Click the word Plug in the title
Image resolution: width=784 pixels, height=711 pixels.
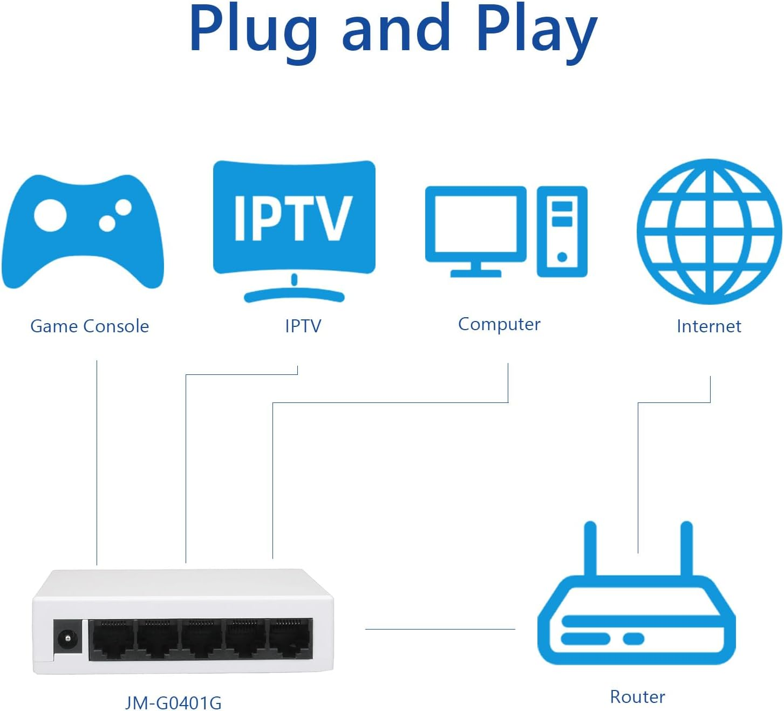[x=253, y=30]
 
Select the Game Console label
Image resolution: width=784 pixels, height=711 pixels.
[x=90, y=326]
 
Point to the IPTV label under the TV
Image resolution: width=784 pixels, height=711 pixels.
[x=303, y=326]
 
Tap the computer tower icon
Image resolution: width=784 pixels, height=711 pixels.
[x=562, y=231]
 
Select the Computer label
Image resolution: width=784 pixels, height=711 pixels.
[x=499, y=324]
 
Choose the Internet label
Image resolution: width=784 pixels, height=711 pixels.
[x=708, y=326]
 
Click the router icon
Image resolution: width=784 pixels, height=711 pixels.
[x=637, y=620]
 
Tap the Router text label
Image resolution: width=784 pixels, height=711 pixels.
[x=637, y=696]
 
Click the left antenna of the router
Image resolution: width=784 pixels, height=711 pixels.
[x=590, y=548]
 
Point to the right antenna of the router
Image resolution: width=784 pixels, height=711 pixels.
[x=686, y=548]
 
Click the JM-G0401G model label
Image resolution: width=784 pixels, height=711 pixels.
[x=173, y=703]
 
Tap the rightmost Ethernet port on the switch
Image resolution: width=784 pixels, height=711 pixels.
[x=290, y=639]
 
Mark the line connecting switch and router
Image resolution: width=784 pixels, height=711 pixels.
[x=440, y=629]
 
